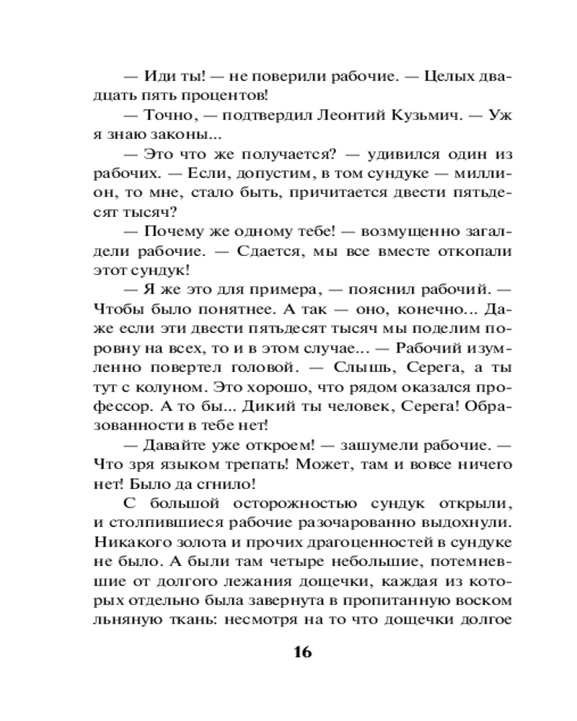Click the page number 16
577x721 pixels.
[x=302, y=653]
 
